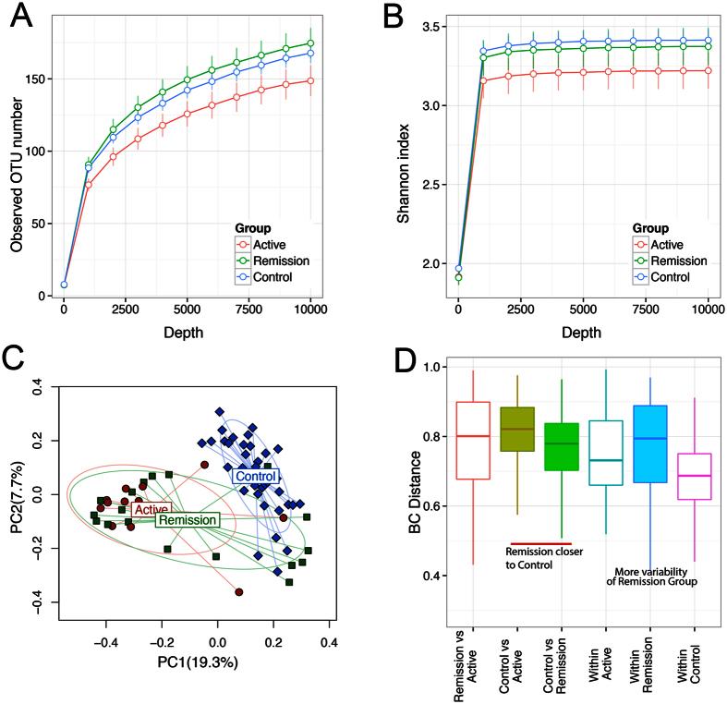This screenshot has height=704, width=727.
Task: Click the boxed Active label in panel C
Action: pos(150,509)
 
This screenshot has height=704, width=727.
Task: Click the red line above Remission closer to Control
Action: pos(541,544)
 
